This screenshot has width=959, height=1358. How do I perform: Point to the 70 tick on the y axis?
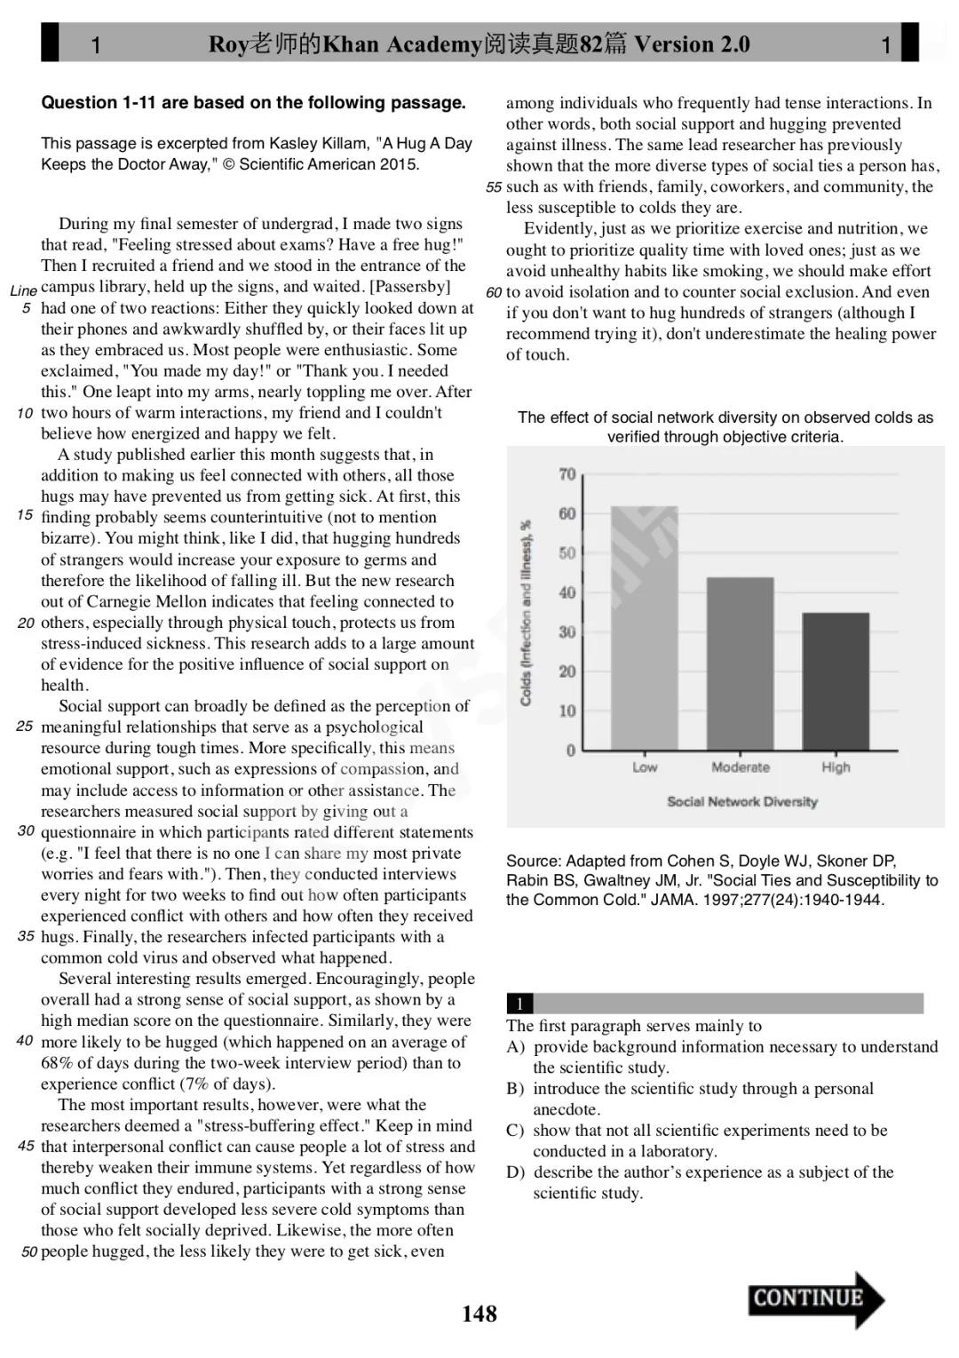pos(567,474)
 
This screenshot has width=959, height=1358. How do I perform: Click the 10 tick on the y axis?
pos(567,711)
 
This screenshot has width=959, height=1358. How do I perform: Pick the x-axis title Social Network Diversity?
pos(742,801)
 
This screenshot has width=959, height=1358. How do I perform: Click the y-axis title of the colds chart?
pos(526,613)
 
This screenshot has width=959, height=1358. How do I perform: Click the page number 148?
pos(479,1314)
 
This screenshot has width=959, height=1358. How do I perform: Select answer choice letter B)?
pos(516,1089)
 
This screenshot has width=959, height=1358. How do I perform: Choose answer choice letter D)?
pos(516,1172)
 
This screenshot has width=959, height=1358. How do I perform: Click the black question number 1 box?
pos(519,1004)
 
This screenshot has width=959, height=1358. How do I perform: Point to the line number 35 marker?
pos(26,936)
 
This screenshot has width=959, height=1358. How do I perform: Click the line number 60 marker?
pos(495,292)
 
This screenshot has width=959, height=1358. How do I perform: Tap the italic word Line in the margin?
pos(24,290)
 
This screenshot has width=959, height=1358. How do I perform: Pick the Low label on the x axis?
pos(645,767)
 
